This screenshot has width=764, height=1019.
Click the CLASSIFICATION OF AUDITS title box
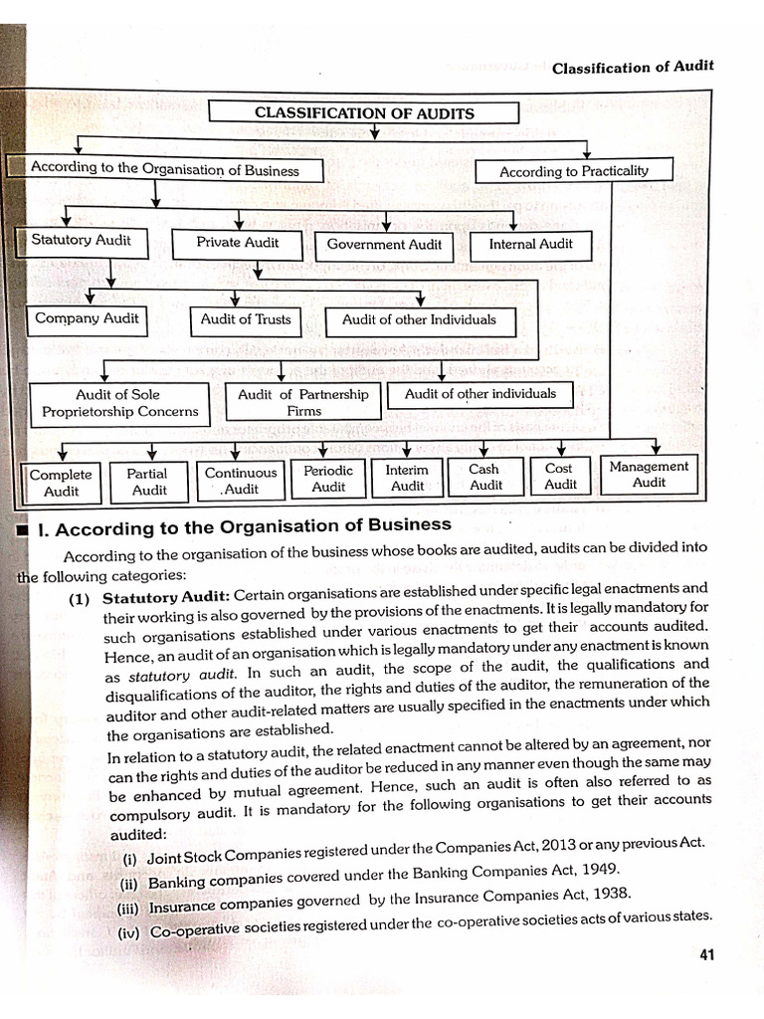(365, 112)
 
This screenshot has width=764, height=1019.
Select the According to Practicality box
(573, 171)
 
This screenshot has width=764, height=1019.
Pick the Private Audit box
(237, 242)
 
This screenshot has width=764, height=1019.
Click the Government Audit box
(384, 244)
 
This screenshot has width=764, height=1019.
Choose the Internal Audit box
(530, 244)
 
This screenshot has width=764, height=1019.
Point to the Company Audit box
(87, 318)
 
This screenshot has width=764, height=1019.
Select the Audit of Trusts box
(245, 319)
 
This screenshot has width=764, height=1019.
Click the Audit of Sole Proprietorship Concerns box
(119, 403)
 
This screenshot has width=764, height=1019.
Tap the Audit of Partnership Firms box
(303, 402)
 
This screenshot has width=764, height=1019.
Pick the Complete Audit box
(61, 483)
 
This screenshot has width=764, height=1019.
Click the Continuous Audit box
(241, 481)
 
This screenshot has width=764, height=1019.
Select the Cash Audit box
(484, 477)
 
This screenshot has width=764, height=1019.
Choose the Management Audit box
(649, 474)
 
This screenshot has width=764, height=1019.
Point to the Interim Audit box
(407, 478)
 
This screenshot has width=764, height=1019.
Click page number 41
(707, 955)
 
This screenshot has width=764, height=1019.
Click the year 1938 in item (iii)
(607, 894)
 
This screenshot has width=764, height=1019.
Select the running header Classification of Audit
(633, 68)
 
